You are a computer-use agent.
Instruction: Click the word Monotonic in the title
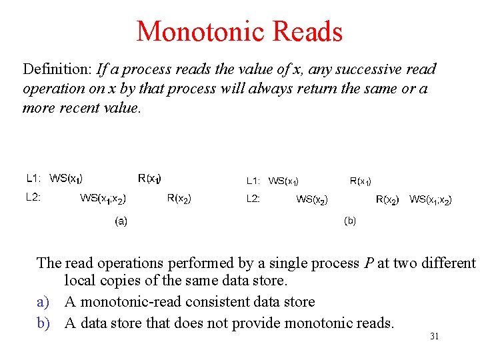194,31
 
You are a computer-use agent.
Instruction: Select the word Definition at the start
57,69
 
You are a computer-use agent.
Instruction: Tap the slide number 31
434,337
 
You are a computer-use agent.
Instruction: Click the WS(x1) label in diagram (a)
66,178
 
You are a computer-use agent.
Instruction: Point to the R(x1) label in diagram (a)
149,178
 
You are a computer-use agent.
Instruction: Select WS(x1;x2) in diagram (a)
103,198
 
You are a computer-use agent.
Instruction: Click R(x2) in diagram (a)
179,198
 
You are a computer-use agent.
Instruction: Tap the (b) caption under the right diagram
350,221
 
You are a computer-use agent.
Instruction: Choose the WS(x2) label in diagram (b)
311,199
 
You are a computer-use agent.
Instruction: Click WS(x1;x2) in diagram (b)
430,199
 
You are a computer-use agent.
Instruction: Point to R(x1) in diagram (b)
361,181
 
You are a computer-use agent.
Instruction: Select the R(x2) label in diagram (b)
388,199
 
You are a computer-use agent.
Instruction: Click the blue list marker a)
43,302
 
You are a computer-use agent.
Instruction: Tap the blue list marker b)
43,323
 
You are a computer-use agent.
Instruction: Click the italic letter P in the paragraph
369,263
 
